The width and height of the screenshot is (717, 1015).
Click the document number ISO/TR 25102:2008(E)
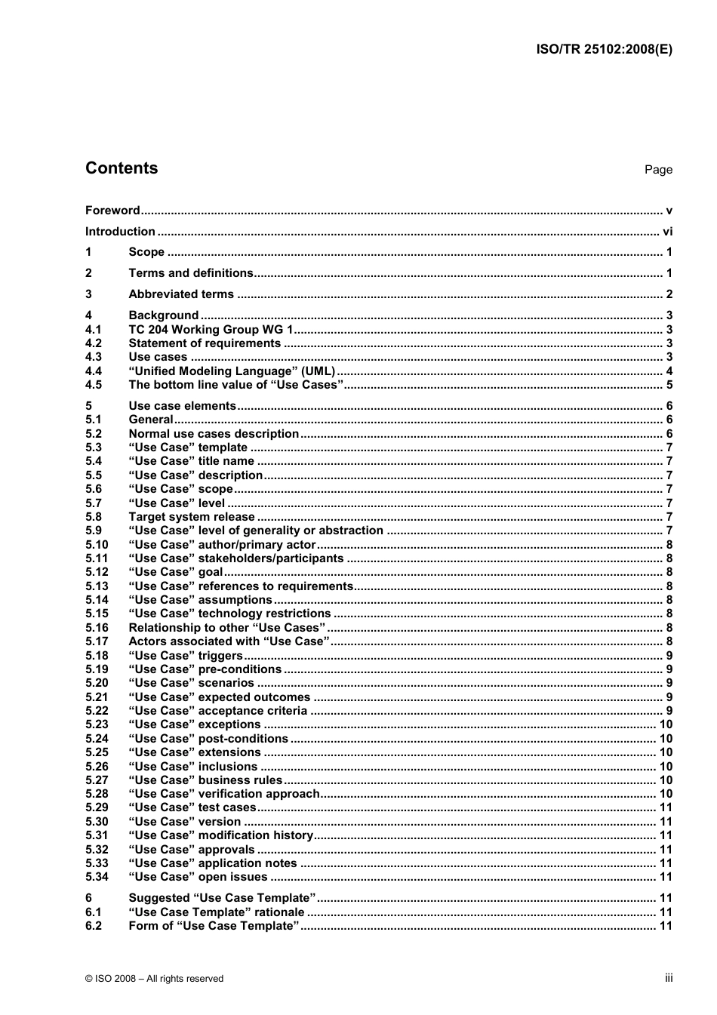(x=603, y=50)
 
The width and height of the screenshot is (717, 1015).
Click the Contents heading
(x=122, y=168)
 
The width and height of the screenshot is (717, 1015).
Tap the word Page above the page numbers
(x=657, y=170)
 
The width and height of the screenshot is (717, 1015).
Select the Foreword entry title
(x=112, y=211)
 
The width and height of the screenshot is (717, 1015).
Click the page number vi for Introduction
(x=667, y=232)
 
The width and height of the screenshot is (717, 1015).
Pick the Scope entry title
(x=146, y=252)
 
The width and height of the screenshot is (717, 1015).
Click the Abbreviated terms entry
(x=181, y=294)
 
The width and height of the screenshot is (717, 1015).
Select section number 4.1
(x=94, y=329)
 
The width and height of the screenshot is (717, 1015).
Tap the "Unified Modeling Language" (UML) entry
(x=232, y=371)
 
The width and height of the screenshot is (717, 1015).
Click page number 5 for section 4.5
(x=669, y=385)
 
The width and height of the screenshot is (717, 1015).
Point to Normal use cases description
(x=214, y=434)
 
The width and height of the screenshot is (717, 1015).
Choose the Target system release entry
(x=192, y=517)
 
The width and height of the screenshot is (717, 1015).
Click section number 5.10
(x=97, y=545)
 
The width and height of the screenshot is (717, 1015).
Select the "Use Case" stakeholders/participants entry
(x=236, y=558)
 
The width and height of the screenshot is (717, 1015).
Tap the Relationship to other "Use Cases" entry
(x=227, y=628)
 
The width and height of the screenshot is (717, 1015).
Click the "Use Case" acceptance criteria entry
(x=218, y=711)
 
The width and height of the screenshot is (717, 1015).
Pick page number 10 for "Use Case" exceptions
(x=666, y=724)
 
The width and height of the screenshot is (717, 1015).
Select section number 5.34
(x=97, y=877)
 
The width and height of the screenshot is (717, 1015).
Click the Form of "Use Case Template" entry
(x=214, y=926)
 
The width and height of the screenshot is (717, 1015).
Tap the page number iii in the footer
(x=669, y=978)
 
